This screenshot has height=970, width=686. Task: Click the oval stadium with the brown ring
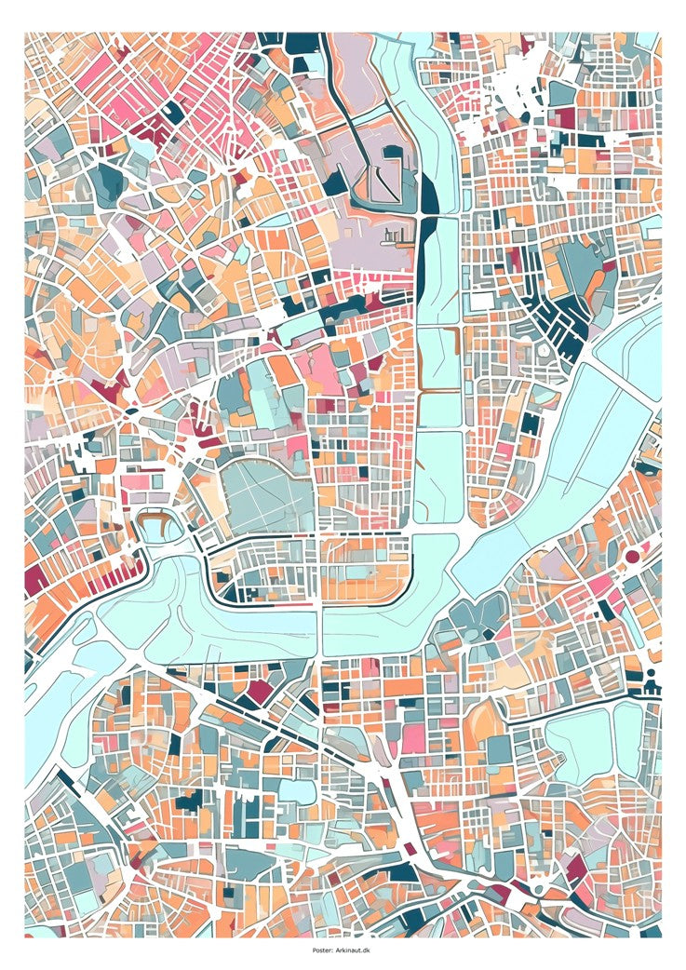click(158, 526)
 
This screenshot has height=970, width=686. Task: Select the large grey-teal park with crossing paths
click(264, 493)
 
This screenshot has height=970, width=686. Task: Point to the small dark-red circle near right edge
click(632, 556)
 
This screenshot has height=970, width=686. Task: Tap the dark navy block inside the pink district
click(173, 111)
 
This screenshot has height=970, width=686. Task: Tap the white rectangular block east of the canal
click(481, 302)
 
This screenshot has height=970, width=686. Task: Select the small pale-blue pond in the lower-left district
click(296, 790)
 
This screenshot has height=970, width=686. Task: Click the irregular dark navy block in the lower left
click(190, 800)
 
